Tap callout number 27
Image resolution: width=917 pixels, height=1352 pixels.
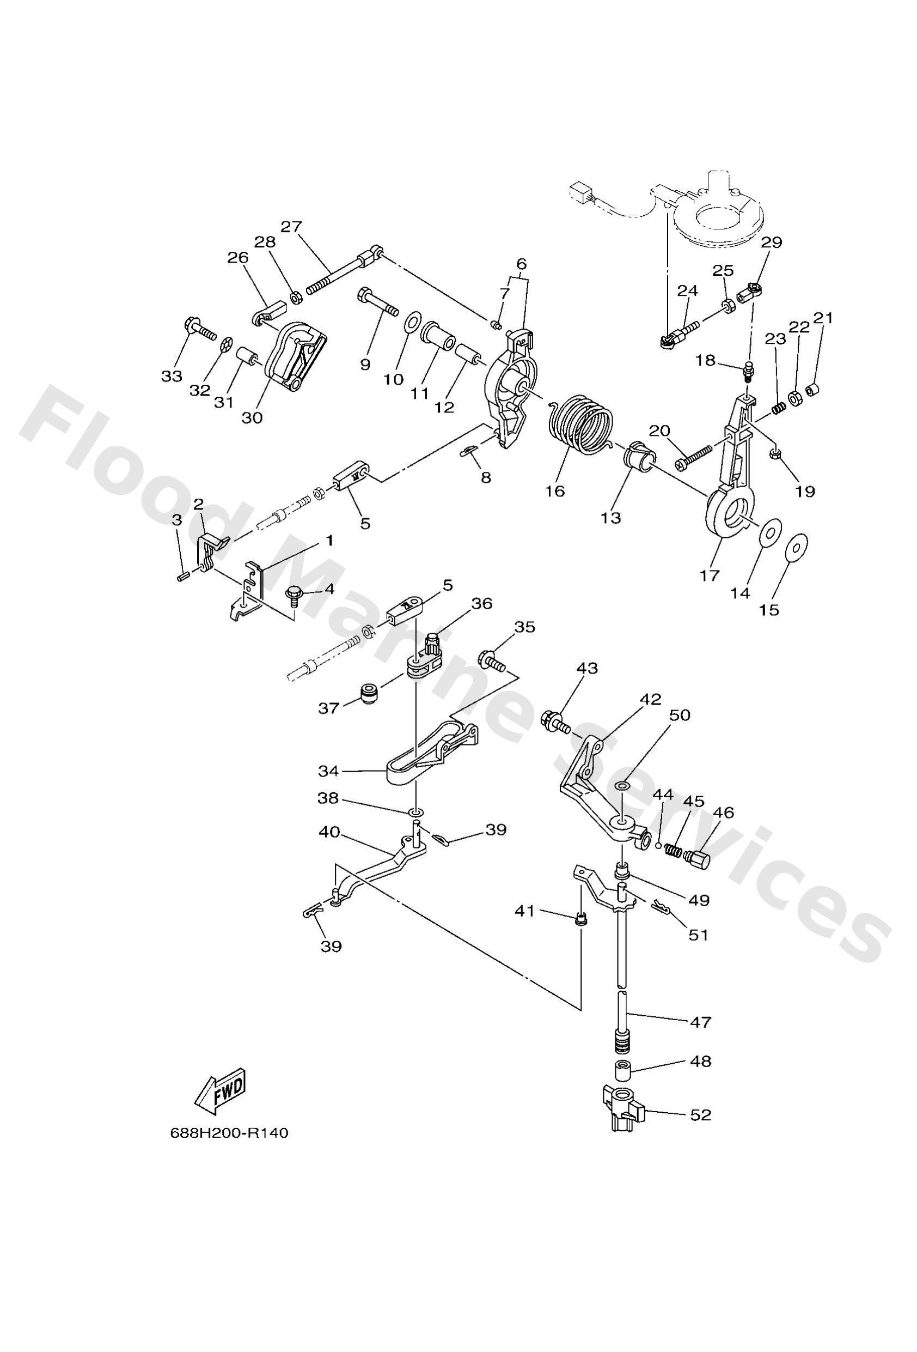click(x=291, y=227)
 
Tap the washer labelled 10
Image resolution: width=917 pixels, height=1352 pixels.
click(x=412, y=321)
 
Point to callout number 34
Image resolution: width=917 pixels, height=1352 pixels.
click(x=328, y=771)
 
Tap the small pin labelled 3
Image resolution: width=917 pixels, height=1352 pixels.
click(x=182, y=577)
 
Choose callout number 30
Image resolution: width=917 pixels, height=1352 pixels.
click(x=252, y=418)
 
